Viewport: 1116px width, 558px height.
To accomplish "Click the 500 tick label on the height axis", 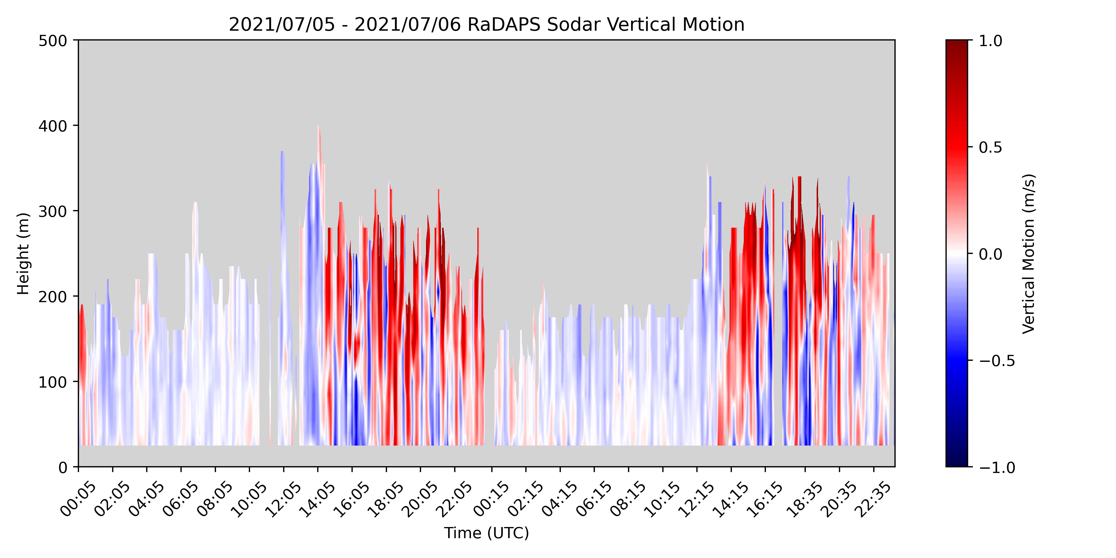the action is click(x=53, y=41).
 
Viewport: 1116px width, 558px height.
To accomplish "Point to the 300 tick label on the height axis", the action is click(x=53, y=211).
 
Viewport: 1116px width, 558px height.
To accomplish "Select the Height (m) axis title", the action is click(x=23, y=254).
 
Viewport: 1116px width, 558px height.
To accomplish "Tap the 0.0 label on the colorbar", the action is click(x=990, y=254).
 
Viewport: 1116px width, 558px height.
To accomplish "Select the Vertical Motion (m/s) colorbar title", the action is click(x=1028, y=254).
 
